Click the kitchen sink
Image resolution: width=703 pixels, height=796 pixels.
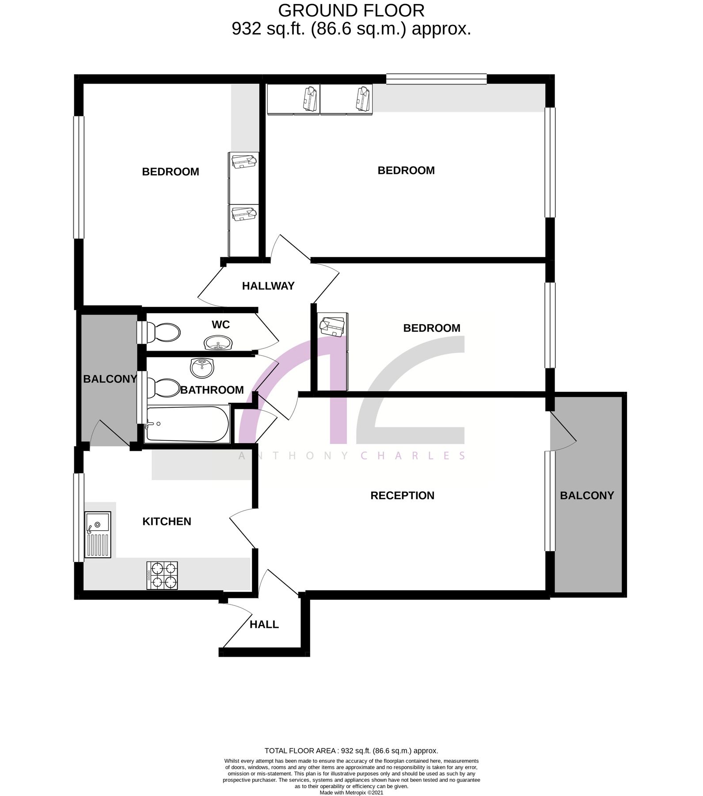click(x=98, y=534)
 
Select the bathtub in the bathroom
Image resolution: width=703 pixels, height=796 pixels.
click(x=187, y=424)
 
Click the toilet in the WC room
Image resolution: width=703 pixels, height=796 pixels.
click(x=162, y=332)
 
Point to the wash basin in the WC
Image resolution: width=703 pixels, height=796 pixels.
click(x=217, y=342)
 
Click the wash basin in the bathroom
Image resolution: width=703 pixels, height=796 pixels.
click(x=202, y=367)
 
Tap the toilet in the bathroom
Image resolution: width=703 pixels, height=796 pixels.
click(x=162, y=388)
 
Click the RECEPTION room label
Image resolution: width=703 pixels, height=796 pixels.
click(x=402, y=495)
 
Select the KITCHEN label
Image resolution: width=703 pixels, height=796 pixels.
click(x=167, y=521)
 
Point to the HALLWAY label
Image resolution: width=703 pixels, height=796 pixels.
click(x=268, y=286)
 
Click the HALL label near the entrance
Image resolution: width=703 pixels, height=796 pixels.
click(x=264, y=624)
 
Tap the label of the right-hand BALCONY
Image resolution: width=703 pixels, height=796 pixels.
click(x=587, y=495)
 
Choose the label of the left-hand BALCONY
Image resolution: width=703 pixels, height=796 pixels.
click(x=110, y=379)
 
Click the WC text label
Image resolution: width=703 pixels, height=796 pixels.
click(x=220, y=325)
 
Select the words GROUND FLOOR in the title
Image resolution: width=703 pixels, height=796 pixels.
click(x=351, y=10)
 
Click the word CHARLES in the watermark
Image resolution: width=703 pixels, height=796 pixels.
click(x=413, y=455)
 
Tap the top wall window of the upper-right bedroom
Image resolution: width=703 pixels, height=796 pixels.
click(x=436, y=79)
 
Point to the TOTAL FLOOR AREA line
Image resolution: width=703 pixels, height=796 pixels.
click(x=351, y=750)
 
